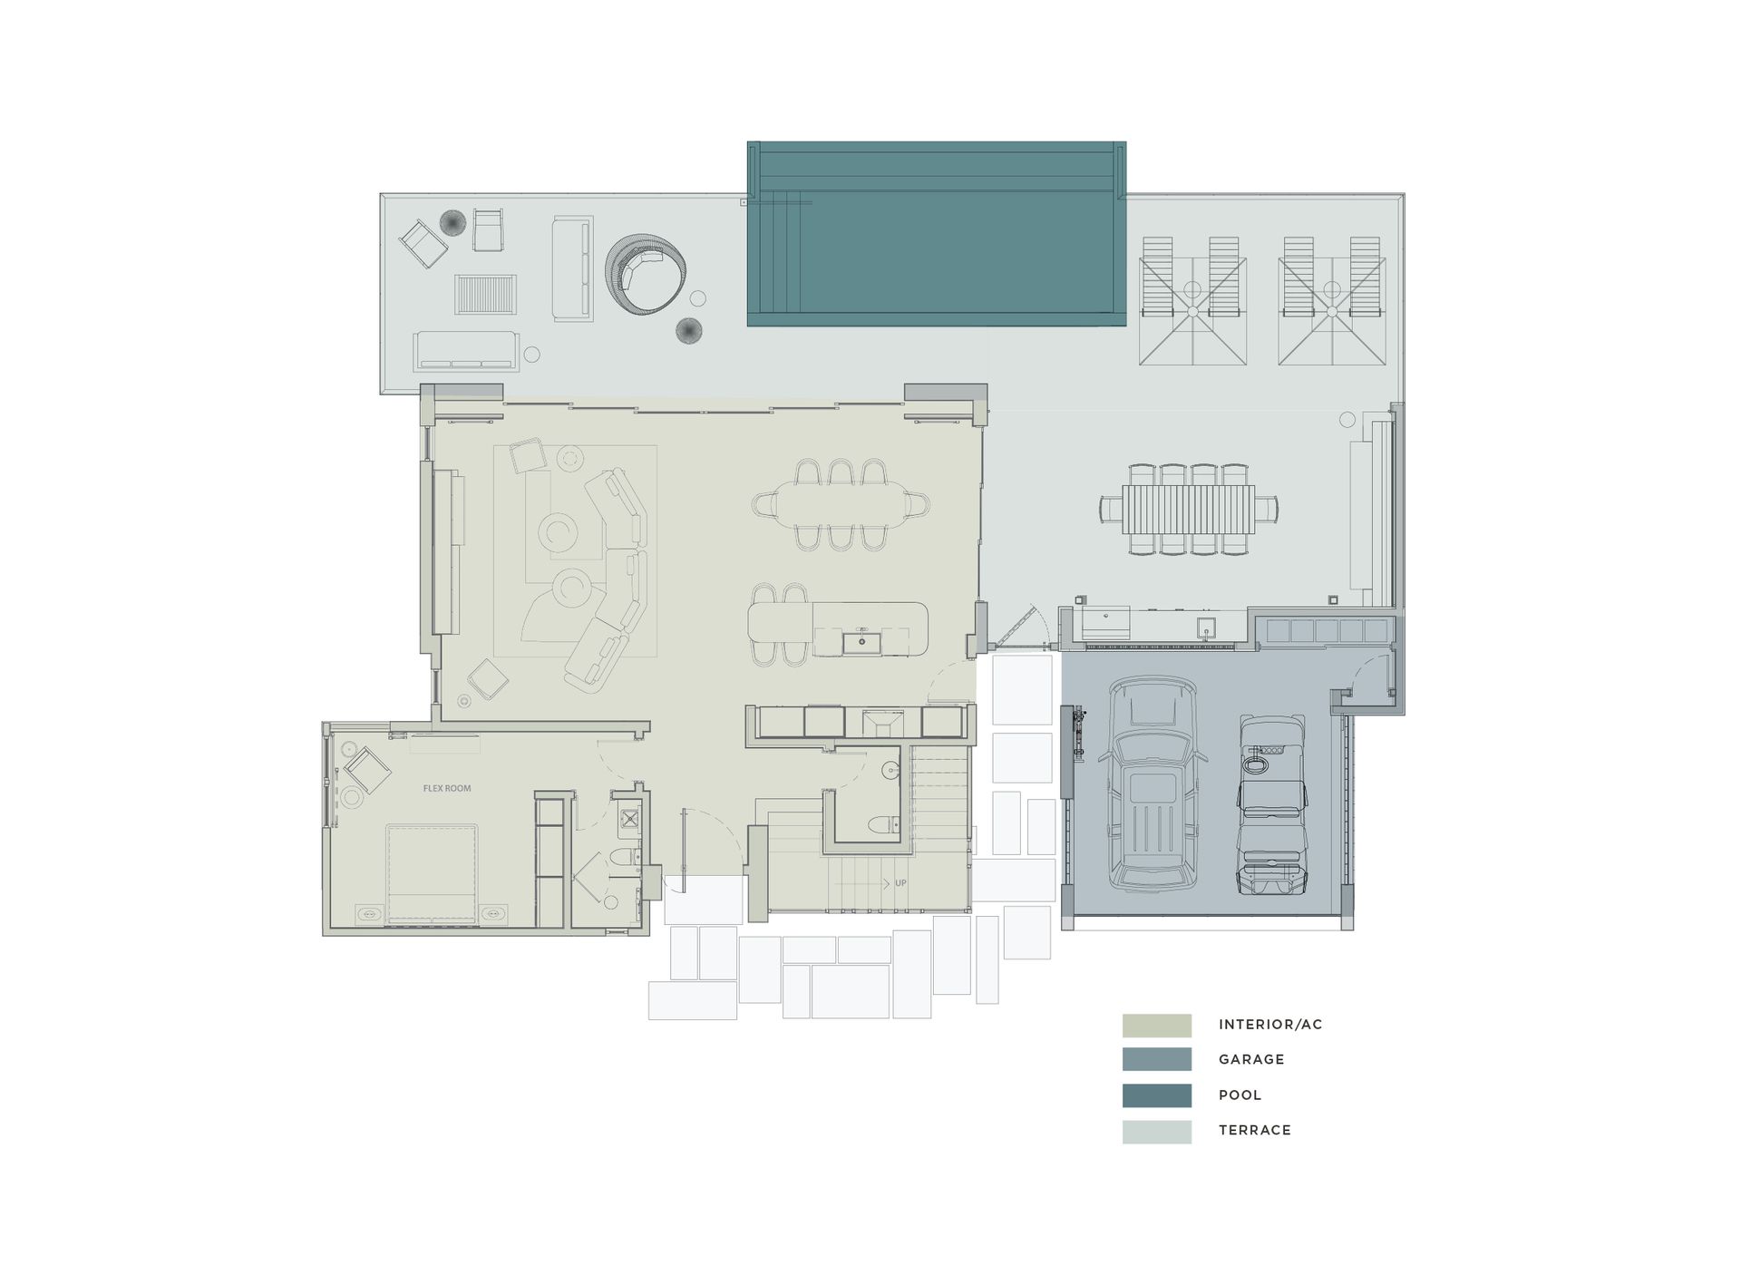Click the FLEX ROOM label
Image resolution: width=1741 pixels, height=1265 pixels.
point(447,788)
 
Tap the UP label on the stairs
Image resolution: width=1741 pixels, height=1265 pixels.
point(900,882)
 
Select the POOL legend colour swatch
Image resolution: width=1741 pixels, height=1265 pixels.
point(1156,1095)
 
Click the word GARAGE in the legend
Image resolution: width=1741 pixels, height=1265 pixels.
point(1250,1059)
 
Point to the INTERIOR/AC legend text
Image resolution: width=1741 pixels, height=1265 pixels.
point(1269,1025)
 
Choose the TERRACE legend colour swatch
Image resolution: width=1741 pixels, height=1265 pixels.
point(1156,1131)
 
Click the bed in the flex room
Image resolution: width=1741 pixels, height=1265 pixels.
point(432,874)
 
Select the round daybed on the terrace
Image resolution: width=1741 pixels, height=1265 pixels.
point(645,274)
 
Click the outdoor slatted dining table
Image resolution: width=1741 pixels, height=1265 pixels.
point(1188,510)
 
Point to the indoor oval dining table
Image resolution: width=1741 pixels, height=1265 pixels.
point(841,504)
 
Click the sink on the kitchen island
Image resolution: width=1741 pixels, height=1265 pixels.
point(861,642)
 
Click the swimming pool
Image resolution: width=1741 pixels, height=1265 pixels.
point(936,234)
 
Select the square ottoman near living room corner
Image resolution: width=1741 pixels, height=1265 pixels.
point(488,678)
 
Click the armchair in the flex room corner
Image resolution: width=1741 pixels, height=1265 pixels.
point(367,770)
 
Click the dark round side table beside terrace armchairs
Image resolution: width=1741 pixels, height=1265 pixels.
point(452,222)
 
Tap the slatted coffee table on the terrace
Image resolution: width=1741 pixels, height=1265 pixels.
point(487,295)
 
